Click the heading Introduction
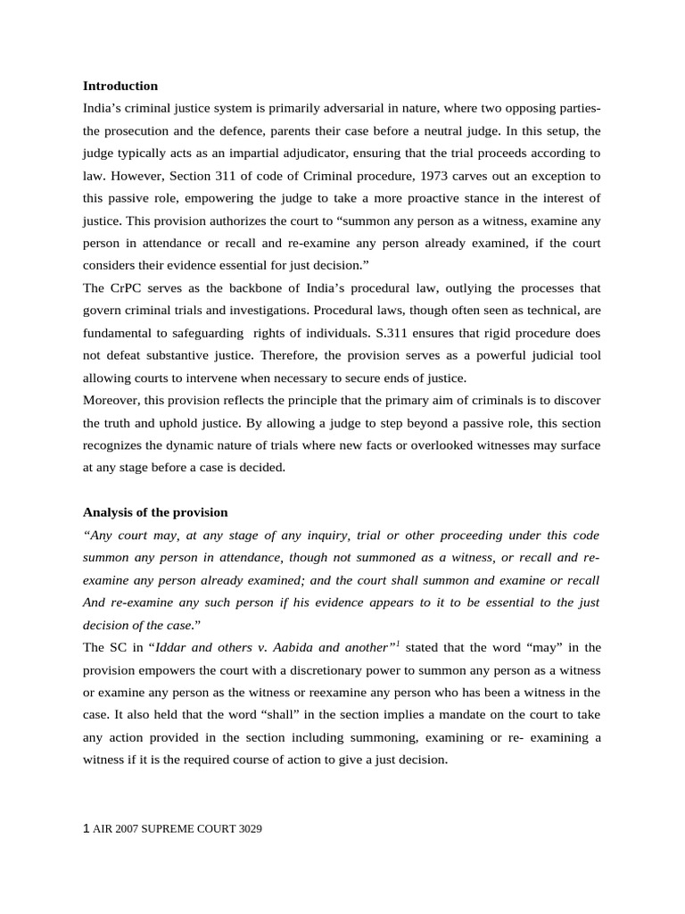120,86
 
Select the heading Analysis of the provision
155,512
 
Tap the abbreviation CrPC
124,287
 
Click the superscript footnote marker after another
397,643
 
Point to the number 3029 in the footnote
251,828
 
